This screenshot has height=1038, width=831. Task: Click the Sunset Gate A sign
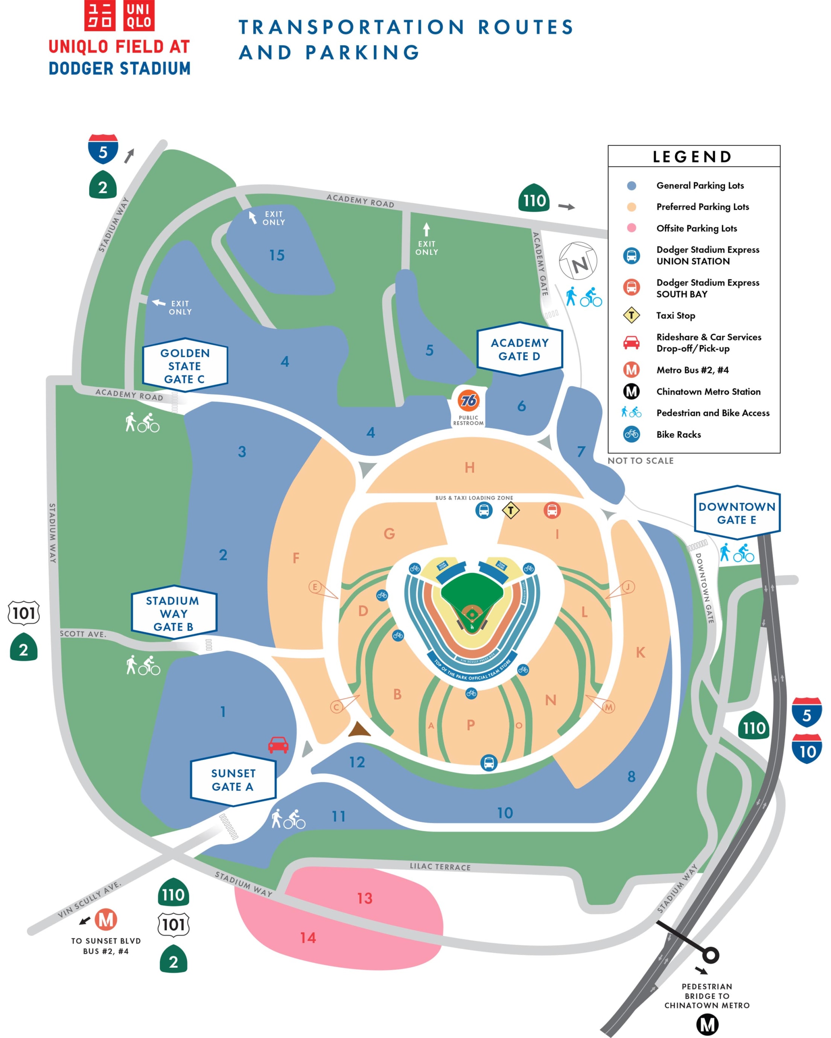pyautogui.click(x=233, y=780)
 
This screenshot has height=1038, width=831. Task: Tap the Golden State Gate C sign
pyautogui.click(x=185, y=366)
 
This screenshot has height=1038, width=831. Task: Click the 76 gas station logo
pyautogui.click(x=468, y=400)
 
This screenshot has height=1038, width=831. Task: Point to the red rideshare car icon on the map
pyautogui.click(x=278, y=744)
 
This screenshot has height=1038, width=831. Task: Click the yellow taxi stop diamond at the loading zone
pyautogui.click(x=511, y=510)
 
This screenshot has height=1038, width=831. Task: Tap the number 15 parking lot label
pyautogui.click(x=277, y=255)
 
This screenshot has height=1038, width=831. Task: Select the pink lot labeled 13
pyautogui.click(x=365, y=898)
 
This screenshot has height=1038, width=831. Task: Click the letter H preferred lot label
pyautogui.click(x=470, y=467)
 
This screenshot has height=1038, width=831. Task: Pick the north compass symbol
pyautogui.click(x=578, y=261)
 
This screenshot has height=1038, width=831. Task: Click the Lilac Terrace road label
pyautogui.click(x=440, y=866)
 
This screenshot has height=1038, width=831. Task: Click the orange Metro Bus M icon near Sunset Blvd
pyautogui.click(x=106, y=920)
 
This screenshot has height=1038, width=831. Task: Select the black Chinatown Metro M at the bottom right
pyautogui.click(x=707, y=1024)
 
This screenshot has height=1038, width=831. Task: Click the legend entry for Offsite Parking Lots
pyautogui.click(x=696, y=228)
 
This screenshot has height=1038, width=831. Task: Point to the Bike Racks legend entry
pyautogui.click(x=678, y=434)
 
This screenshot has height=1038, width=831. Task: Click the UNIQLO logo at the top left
pyautogui.click(x=119, y=15)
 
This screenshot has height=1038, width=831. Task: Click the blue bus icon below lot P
pyautogui.click(x=489, y=763)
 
